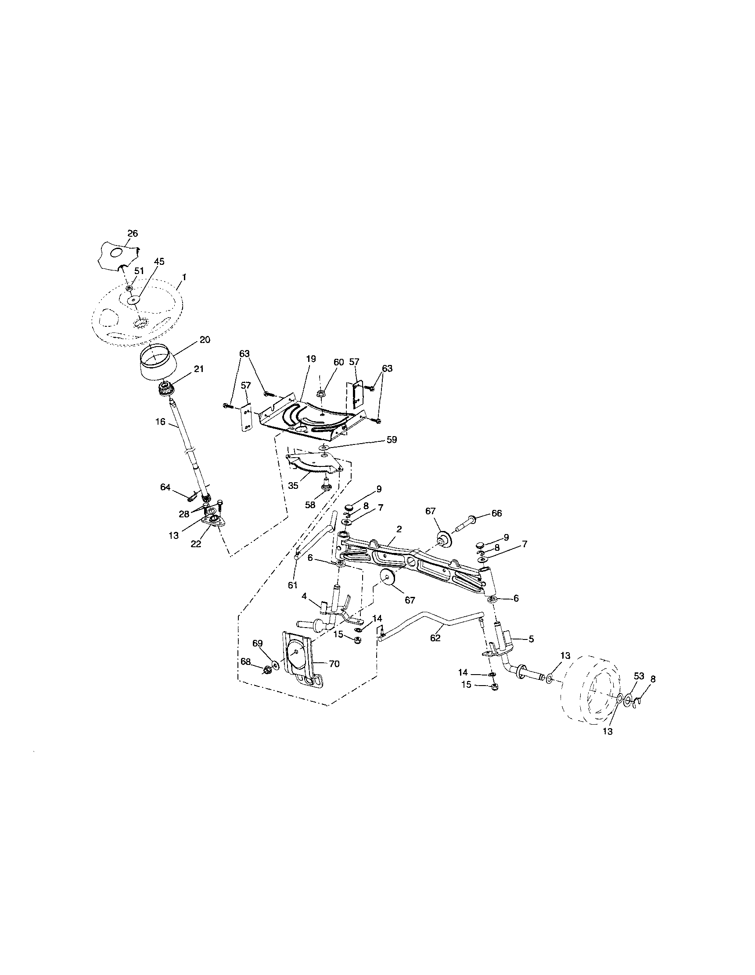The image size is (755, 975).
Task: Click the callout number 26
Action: pyautogui.click(x=133, y=233)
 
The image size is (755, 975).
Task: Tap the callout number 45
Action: pyautogui.click(x=159, y=262)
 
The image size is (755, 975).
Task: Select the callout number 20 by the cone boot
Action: pyautogui.click(x=205, y=340)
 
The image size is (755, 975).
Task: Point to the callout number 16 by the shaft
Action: pyautogui.click(x=161, y=421)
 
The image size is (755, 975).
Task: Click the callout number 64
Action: pyautogui.click(x=165, y=487)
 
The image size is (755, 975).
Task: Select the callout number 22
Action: pyautogui.click(x=196, y=544)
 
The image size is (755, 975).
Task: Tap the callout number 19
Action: pyautogui.click(x=311, y=358)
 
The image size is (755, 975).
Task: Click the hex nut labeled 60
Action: pyautogui.click(x=321, y=394)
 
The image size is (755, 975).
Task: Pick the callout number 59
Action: pyautogui.click(x=392, y=440)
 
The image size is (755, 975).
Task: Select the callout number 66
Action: pyautogui.click(x=496, y=513)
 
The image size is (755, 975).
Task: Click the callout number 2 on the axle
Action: pyautogui.click(x=399, y=529)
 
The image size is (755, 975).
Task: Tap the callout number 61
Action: pyautogui.click(x=292, y=586)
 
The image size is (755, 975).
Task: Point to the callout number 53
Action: pyautogui.click(x=639, y=676)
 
